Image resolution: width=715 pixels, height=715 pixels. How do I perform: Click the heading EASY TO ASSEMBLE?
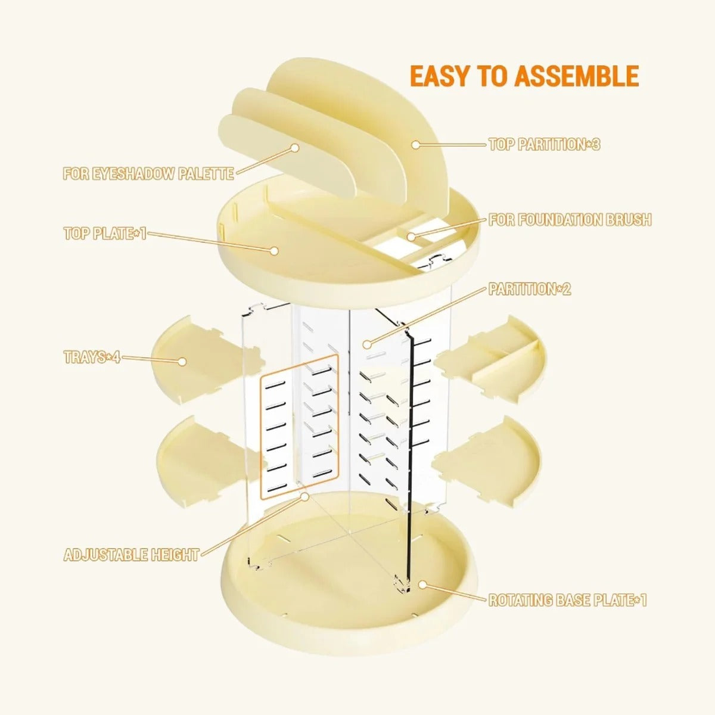pyautogui.click(x=524, y=77)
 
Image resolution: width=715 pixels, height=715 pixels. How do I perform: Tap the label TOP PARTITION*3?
pyautogui.click(x=544, y=144)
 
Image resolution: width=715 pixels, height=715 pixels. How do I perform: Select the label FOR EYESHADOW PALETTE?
pyautogui.click(x=148, y=173)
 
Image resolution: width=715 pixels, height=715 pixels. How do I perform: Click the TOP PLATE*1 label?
pyautogui.click(x=105, y=234)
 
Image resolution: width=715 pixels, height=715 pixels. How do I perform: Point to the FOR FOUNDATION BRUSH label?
pyautogui.click(x=570, y=220)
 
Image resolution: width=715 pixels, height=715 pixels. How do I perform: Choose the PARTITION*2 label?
pyautogui.click(x=530, y=289)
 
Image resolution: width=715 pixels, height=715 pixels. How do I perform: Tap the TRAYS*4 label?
pyautogui.click(x=92, y=357)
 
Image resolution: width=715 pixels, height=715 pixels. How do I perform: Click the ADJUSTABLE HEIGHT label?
pyautogui.click(x=131, y=555)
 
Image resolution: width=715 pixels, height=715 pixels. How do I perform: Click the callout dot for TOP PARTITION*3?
pyautogui.click(x=416, y=145)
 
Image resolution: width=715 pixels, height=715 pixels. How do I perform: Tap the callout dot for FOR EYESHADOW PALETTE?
pyautogui.click(x=295, y=148)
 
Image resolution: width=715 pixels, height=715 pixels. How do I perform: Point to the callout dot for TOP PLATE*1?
pyautogui.click(x=274, y=251)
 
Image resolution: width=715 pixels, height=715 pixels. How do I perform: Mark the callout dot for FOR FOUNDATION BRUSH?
pyautogui.click(x=411, y=237)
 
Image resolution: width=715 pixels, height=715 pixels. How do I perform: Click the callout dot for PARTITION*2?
pyautogui.click(x=367, y=344)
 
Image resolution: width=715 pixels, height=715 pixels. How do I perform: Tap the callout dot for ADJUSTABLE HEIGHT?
pyautogui.click(x=304, y=496)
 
